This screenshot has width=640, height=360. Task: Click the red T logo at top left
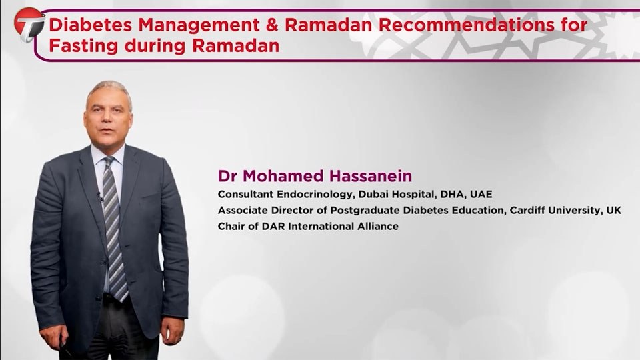click(29, 25)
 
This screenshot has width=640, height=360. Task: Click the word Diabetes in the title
click(91, 25)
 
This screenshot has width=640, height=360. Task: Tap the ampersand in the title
click(272, 25)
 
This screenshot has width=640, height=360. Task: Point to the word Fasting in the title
click(84, 46)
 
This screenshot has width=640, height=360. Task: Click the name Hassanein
click(371, 176)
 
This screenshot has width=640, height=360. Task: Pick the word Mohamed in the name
click(284, 176)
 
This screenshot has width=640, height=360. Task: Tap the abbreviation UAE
click(481, 194)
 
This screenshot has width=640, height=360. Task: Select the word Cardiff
click(527, 210)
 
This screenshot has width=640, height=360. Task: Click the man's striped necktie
click(114, 229)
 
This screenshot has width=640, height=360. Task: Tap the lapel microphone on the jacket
click(99, 197)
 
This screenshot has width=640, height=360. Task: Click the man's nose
click(107, 119)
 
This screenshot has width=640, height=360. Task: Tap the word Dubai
click(373, 194)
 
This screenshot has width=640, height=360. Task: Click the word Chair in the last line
click(232, 226)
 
